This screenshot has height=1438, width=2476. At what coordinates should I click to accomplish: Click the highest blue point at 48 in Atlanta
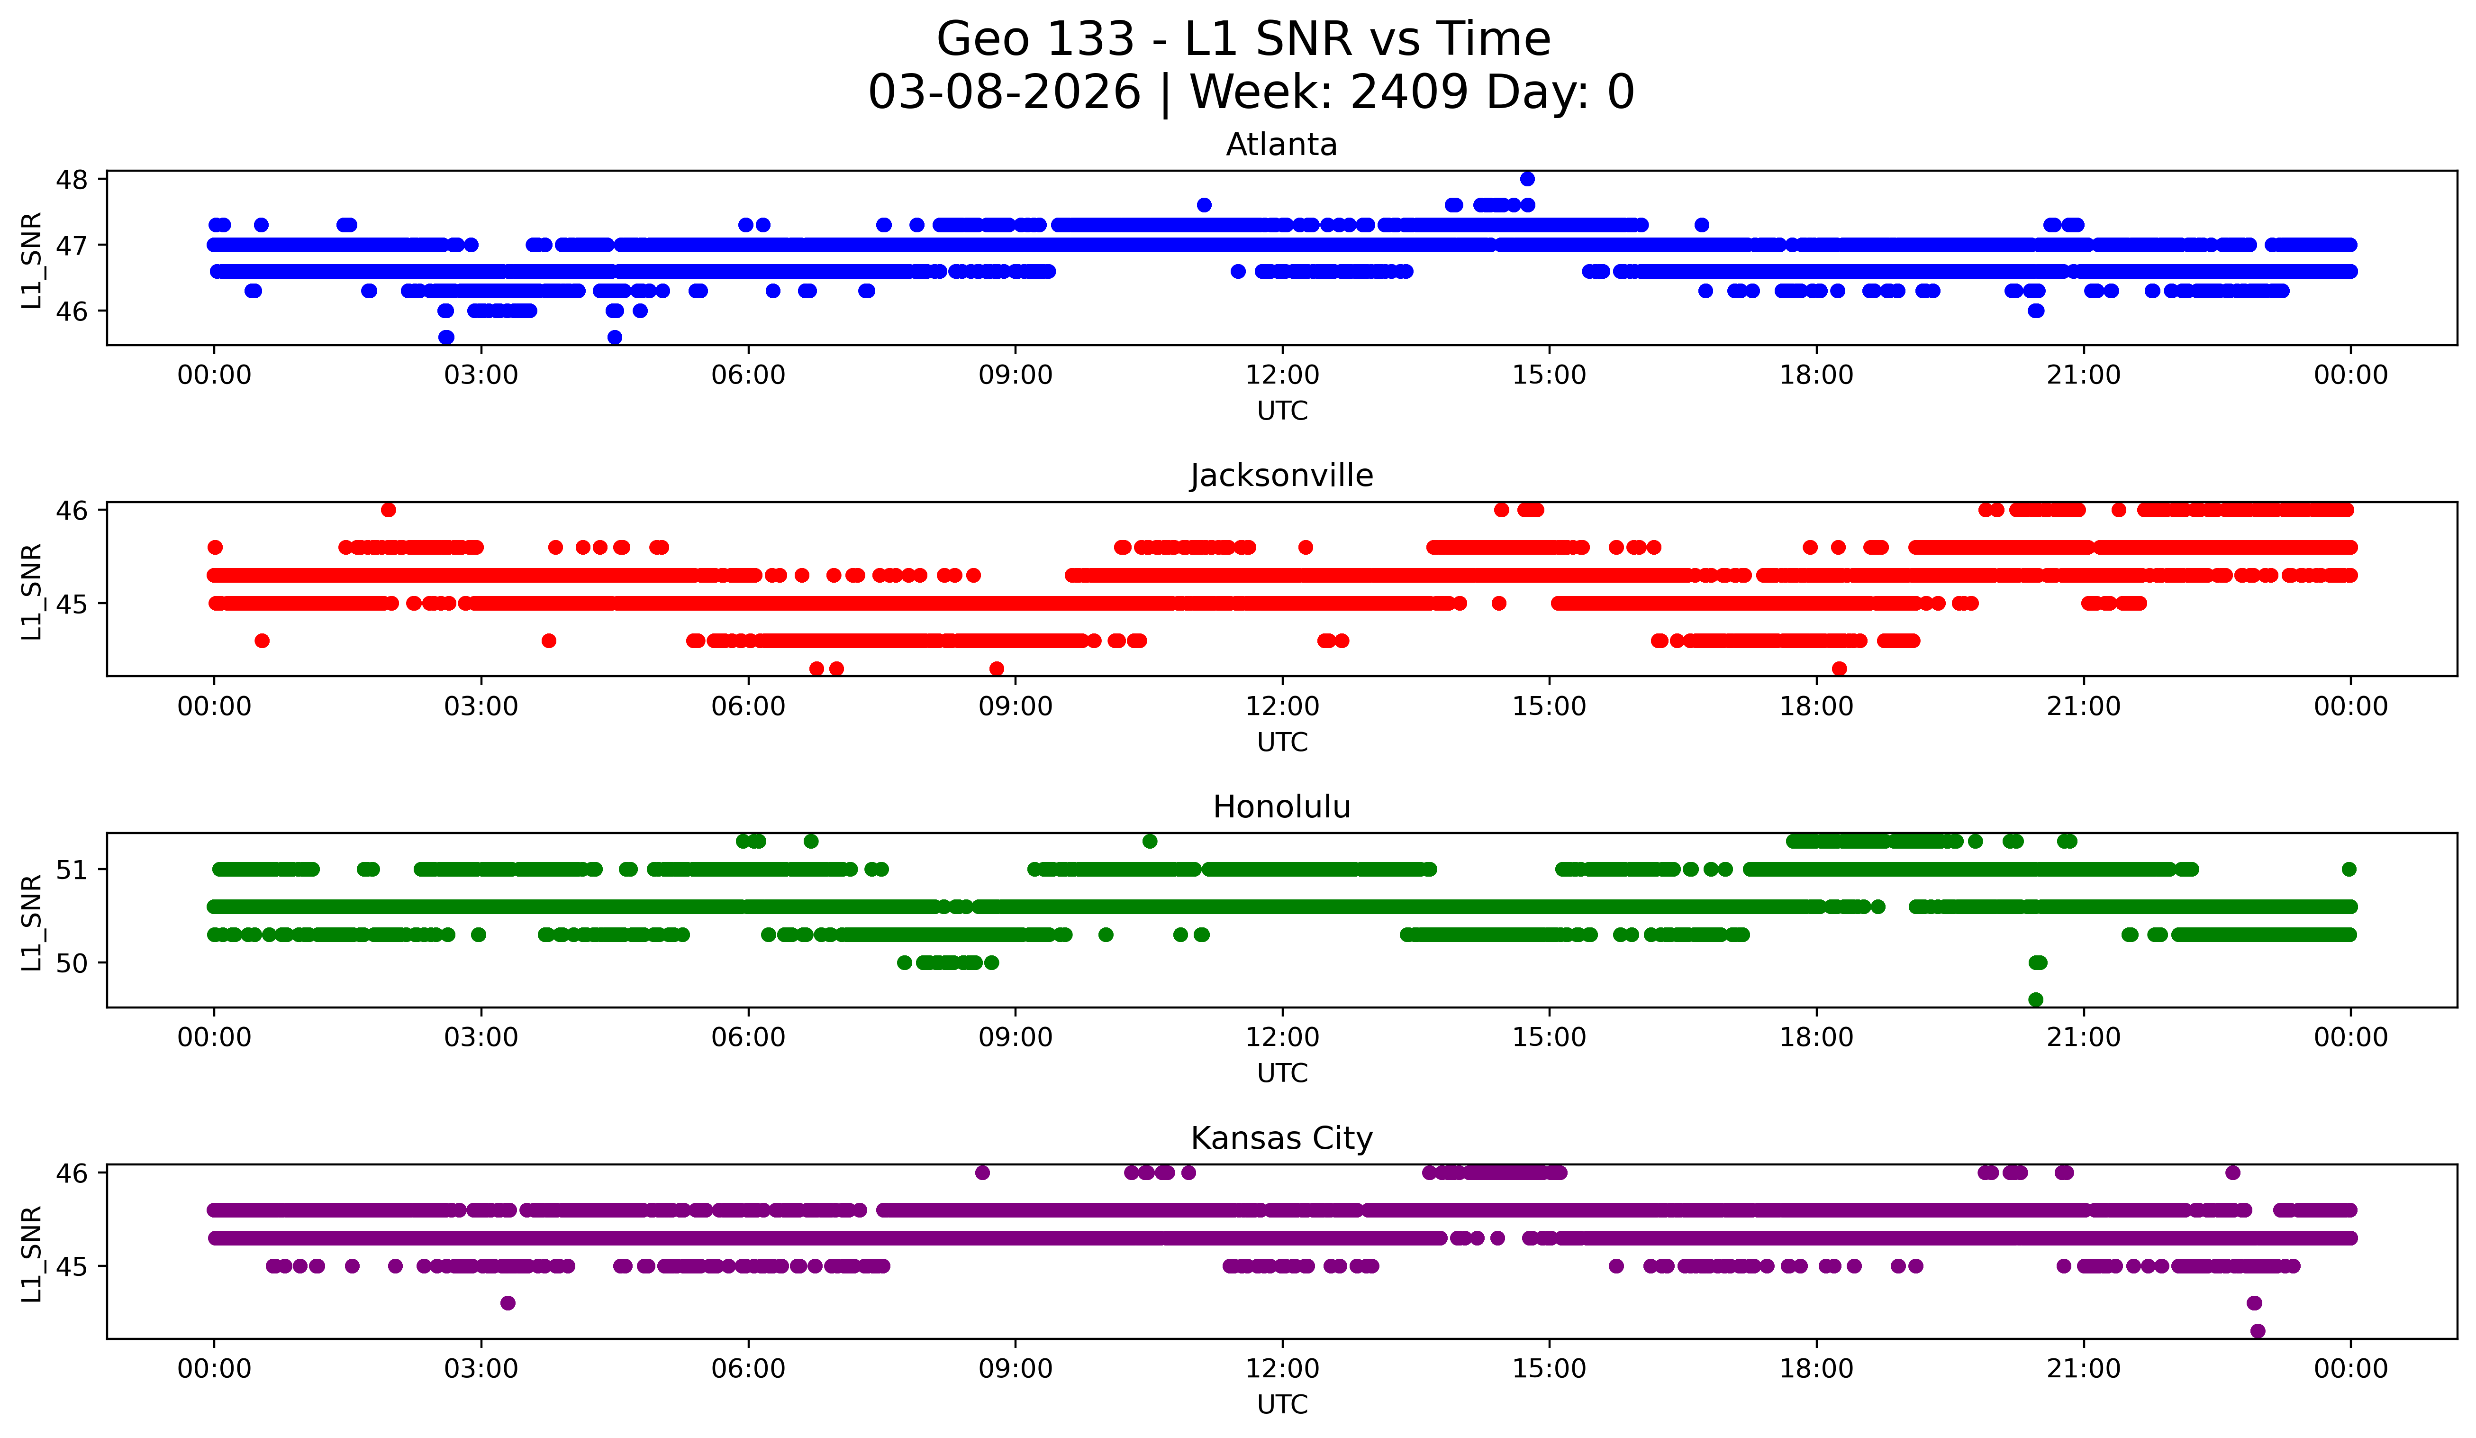tap(1527, 179)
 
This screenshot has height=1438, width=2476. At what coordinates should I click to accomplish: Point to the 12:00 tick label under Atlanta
tap(1282, 376)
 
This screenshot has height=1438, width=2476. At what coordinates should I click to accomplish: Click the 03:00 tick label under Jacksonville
tap(481, 707)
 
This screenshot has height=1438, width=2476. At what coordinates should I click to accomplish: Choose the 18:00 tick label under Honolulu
tap(1816, 1038)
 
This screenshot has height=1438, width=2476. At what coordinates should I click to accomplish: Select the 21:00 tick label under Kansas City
tap(2083, 1369)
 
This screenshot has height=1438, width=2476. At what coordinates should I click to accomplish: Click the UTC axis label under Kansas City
tap(1282, 1405)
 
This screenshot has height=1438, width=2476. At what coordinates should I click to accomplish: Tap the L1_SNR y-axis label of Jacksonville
tap(31, 592)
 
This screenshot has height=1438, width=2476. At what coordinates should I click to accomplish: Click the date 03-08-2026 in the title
tap(1004, 92)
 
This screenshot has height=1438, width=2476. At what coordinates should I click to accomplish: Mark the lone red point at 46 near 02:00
tap(388, 509)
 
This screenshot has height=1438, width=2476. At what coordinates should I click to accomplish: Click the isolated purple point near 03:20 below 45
tap(507, 1303)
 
